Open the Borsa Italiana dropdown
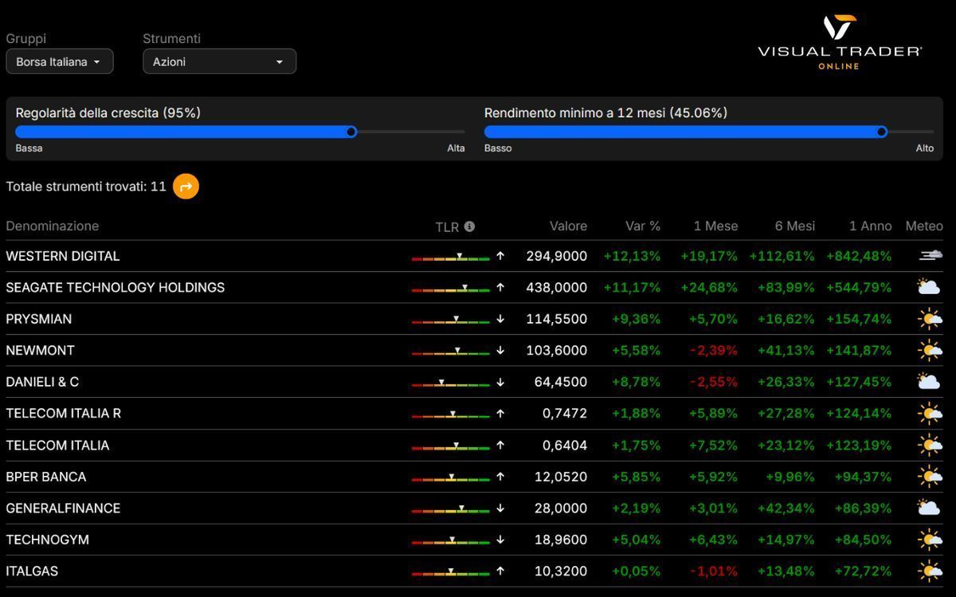pos(59,61)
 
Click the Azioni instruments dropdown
pos(219,61)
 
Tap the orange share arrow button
pos(186,187)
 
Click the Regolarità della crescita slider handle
pos(351,132)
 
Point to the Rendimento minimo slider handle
pos(881,132)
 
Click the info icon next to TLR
pos(469,226)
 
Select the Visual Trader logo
pos(839,42)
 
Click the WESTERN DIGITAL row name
pos(62,256)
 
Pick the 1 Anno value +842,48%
pos(859,256)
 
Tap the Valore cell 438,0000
pos(556,287)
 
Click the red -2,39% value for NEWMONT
pos(714,350)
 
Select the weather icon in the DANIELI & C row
pos(928,381)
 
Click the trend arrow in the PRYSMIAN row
pos(500,319)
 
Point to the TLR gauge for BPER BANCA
pos(451,477)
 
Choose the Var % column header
pos(642,226)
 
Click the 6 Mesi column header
pos(794,226)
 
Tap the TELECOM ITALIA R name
pos(63,413)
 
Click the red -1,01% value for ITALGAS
pos(714,571)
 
